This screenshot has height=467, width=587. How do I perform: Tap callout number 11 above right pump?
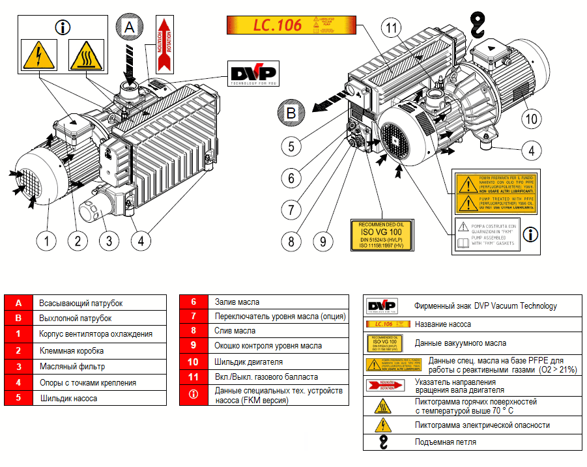[x=392, y=28]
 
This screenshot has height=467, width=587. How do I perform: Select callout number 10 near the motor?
[x=532, y=119]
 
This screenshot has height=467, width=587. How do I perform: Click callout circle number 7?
[x=291, y=210]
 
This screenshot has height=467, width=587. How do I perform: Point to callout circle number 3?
[x=109, y=240]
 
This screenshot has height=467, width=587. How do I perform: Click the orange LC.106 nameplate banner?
[x=291, y=25]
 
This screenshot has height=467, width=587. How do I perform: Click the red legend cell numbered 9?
[x=193, y=346]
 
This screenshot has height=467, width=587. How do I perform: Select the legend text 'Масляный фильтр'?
[x=70, y=366]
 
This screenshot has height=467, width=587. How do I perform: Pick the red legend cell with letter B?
[x=19, y=318]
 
